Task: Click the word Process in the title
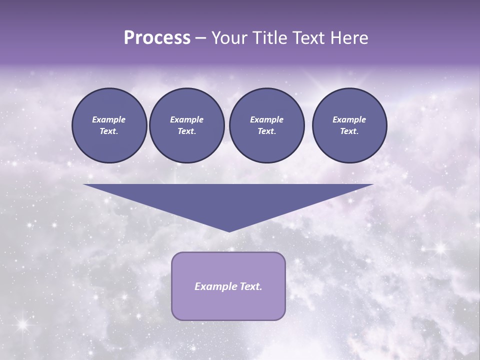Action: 157,38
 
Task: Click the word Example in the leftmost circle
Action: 109,119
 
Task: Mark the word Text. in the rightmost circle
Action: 349,131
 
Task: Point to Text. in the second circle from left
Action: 186,131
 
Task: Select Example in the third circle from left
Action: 266,119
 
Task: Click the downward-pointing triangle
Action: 228,200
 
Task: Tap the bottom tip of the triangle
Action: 229,230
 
